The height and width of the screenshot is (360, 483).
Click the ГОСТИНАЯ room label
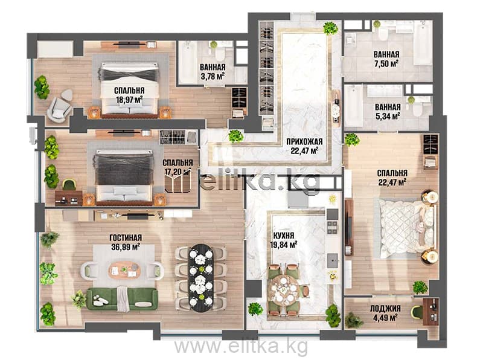coord(126,237)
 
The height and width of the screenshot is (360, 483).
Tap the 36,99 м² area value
coord(126,246)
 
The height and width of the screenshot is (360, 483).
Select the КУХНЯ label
coord(284,236)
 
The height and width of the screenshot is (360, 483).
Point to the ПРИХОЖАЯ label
coord(304,142)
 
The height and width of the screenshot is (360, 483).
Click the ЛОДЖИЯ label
coord(385,309)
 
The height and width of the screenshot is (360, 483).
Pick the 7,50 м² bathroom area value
coord(386,63)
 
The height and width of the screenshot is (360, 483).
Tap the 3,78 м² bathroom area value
coord(213,76)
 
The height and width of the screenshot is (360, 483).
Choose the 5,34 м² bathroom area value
coord(388,115)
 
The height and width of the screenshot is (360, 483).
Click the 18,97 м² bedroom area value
coord(129,99)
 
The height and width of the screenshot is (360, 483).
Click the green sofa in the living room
coord(122,298)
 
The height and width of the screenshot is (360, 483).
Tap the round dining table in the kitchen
coord(283,290)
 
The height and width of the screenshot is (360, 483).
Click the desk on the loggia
coord(430,312)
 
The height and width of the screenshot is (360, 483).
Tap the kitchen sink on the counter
coord(333,261)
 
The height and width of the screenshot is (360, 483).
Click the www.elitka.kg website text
coord(241,347)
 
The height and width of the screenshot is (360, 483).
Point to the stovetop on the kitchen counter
coord(332,227)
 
